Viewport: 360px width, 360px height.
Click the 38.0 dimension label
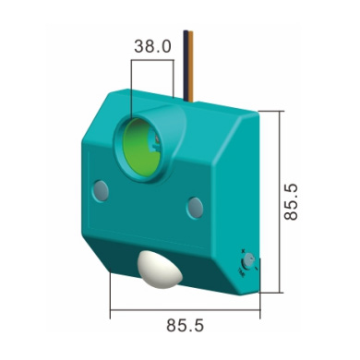point(152,46)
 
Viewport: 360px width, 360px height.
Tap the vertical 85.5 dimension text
point(291,202)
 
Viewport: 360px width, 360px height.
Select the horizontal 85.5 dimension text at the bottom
point(185,325)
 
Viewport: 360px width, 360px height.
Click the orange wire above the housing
point(191,66)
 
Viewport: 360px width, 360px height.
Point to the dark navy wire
point(186,66)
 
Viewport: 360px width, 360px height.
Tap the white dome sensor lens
point(160,270)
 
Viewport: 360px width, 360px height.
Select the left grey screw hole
point(101,191)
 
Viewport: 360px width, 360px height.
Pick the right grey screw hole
point(195,208)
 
